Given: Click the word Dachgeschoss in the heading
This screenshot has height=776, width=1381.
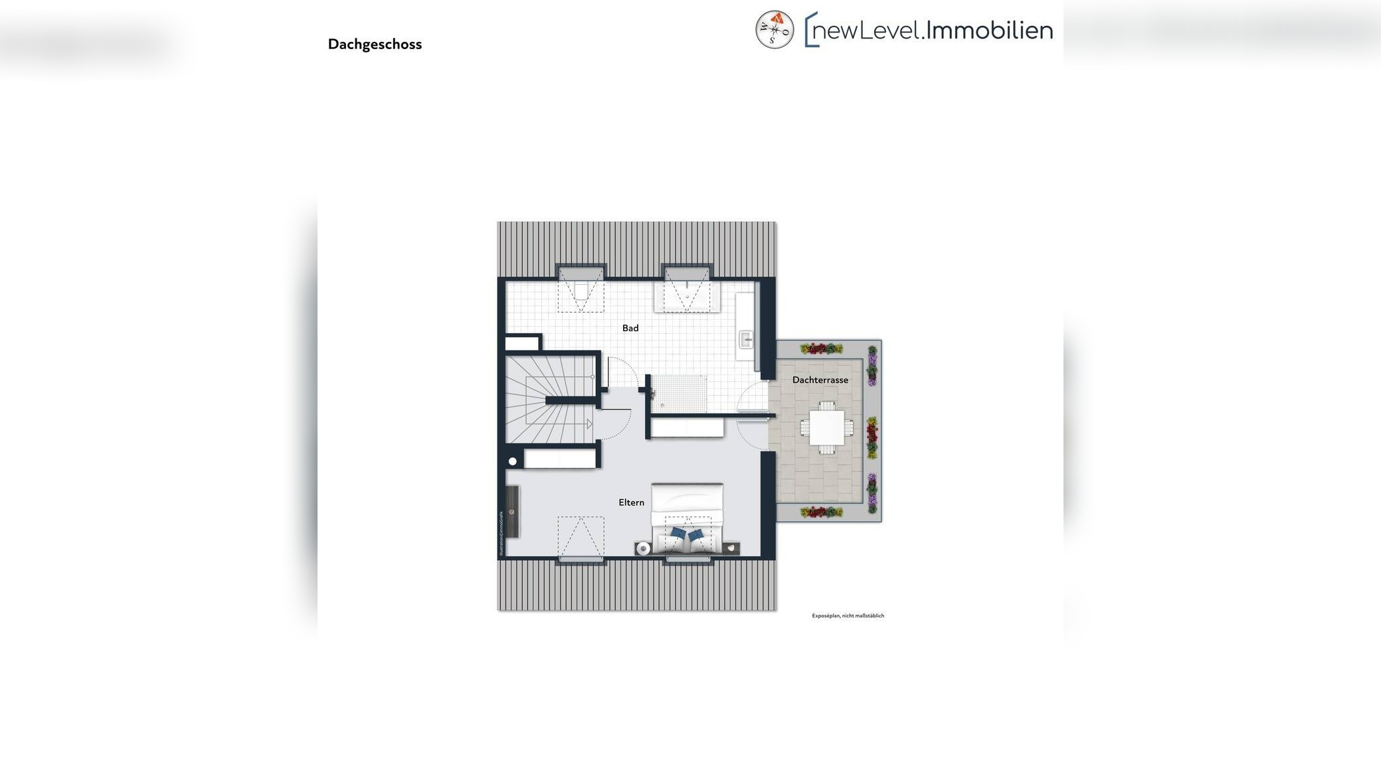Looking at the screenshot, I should pyautogui.click(x=375, y=44).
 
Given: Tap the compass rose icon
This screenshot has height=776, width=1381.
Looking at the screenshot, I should pyautogui.click(x=775, y=30).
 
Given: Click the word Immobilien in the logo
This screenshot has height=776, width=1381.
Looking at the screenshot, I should pyautogui.click(x=989, y=30).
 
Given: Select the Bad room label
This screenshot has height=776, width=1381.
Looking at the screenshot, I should pyautogui.click(x=630, y=328).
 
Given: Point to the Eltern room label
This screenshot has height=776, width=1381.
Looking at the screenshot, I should pyautogui.click(x=631, y=503).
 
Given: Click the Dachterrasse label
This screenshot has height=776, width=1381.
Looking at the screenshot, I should pyautogui.click(x=820, y=380).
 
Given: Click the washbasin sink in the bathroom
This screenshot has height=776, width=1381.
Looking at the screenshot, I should pyautogui.click(x=746, y=340).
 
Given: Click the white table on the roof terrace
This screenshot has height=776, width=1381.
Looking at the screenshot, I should pyautogui.click(x=826, y=428).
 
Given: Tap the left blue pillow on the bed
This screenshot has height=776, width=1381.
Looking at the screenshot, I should pyautogui.click(x=678, y=533).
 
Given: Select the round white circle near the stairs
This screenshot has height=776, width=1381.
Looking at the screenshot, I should pyautogui.click(x=512, y=461).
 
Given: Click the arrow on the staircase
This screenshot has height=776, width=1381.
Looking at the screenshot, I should pyautogui.click(x=589, y=424).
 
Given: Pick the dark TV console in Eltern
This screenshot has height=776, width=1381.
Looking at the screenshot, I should pyautogui.click(x=512, y=511).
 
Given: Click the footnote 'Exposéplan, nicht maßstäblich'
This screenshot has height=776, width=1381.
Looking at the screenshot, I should pyautogui.click(x=848, y=616).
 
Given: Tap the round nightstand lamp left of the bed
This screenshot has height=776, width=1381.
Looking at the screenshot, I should pyautogui.click(x=642, y=548).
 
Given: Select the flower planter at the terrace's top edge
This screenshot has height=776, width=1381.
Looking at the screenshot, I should pyautogui.click(x=821, y=349).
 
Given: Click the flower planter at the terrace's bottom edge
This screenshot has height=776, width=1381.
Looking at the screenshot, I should pyautogui.click(x=821, y=512).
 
